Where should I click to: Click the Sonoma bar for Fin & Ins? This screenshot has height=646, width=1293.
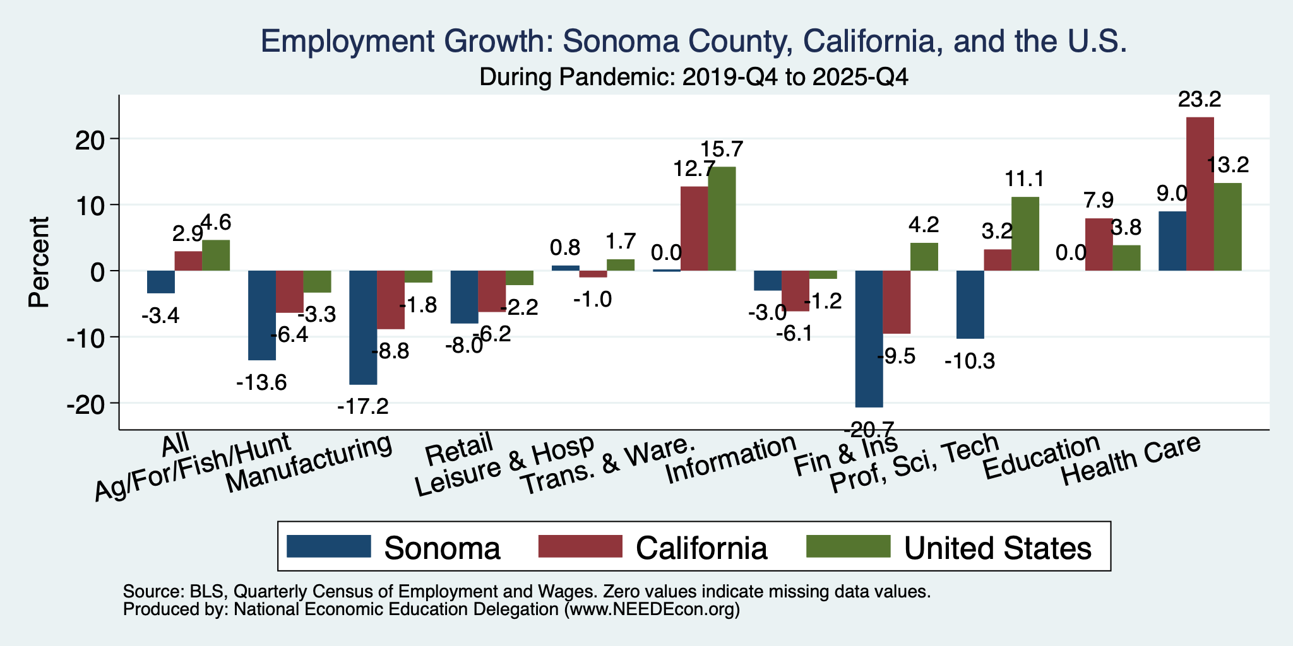click(x=869, y=339)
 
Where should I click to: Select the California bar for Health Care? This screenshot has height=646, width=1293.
click(x=1200, y=194)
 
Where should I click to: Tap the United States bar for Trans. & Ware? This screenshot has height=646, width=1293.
click(x=722, y=219)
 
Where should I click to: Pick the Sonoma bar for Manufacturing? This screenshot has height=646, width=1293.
click(x=364, y=327)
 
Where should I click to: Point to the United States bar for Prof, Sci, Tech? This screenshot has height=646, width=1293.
click(x=1025, y=234)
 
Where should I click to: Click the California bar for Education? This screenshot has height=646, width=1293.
click(x=1099, y=245)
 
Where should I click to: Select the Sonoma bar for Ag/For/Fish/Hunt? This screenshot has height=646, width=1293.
click(x=262, y=315)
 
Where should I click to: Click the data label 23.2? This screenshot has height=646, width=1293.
click(x=1200, y=100)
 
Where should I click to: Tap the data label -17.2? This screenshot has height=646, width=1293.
click(x=363, y=406)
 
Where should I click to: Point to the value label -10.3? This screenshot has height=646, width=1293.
click(x=970, y=361)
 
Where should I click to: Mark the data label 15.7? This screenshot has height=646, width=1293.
click(x=722, y=150)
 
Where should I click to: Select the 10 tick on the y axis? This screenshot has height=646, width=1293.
click(x=95, y=206)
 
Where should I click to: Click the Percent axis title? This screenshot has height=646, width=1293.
click(x=39, y=262)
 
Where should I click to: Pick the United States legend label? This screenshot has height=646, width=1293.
click(x=998, y=548)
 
